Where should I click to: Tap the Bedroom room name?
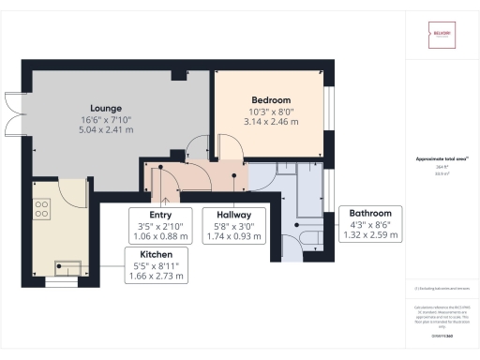pyautogui.click(x=271, y=100)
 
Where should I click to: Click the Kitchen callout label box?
pyautogui.click(x=155, y=265)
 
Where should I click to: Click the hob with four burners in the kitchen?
pyautogui.click(x=41, y=212)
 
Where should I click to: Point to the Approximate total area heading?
pyautogui.click(x=439, y=160)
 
